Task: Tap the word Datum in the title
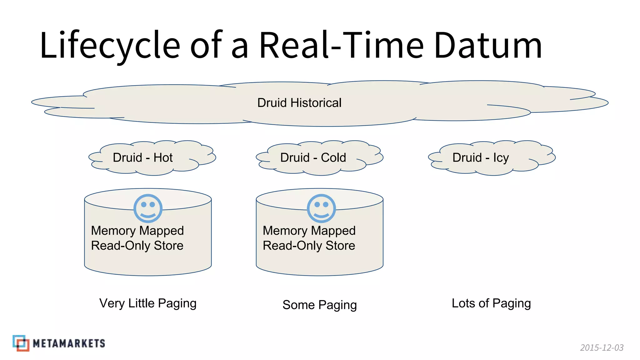488,45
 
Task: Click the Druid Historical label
299,103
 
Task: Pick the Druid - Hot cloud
152,157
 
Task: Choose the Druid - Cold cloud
319,157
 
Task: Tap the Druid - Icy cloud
492,157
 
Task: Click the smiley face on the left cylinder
148,208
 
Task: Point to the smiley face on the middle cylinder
321,208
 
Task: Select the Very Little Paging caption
148,303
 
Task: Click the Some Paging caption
319,305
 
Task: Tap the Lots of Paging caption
491,303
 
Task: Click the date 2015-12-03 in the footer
602,347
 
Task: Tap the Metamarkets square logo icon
21,343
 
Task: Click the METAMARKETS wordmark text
69,343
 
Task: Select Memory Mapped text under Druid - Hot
137,231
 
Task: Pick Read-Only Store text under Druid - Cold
309,246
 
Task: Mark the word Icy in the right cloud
501,158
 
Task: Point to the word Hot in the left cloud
163,157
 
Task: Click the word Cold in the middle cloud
333,157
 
